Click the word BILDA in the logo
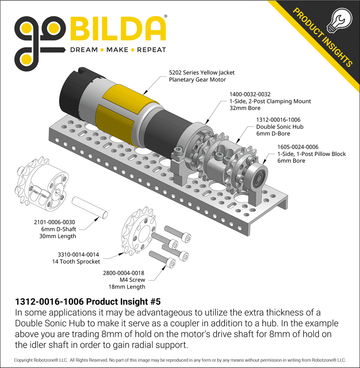[x=118, y=29]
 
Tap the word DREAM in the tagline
[x=84, y=50]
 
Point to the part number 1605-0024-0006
[x=298, y=147]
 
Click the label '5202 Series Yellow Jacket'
[x=201, y=72]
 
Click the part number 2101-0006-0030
[x=54, y=222]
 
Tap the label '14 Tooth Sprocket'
[x=76, y=262]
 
